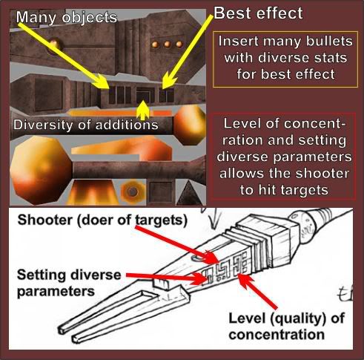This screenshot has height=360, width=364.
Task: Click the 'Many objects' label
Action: [x=67, y=18]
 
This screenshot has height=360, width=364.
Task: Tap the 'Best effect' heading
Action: [x=258, y=13]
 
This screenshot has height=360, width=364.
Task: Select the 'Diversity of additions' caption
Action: [x=86, y=125]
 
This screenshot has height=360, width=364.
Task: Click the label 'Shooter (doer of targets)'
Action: [x=102, y=220]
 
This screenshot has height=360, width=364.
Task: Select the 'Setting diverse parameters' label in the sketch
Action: [x=69, y=283]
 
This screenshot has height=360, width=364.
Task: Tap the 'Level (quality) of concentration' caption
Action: [x=286, y=327]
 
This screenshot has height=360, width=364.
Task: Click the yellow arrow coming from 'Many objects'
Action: [x=64, y=56]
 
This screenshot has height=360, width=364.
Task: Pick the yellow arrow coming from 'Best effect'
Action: [x=188, y=52]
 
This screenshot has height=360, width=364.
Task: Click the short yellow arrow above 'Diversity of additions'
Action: [x=142, y=110]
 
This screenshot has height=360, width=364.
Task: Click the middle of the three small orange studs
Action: [x=167, y=45]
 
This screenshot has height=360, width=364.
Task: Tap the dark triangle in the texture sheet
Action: [x=189, y=193]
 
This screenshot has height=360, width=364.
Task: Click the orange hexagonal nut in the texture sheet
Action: [x=133, y=192]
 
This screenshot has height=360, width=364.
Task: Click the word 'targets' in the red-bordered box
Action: [x=294, y=190]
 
